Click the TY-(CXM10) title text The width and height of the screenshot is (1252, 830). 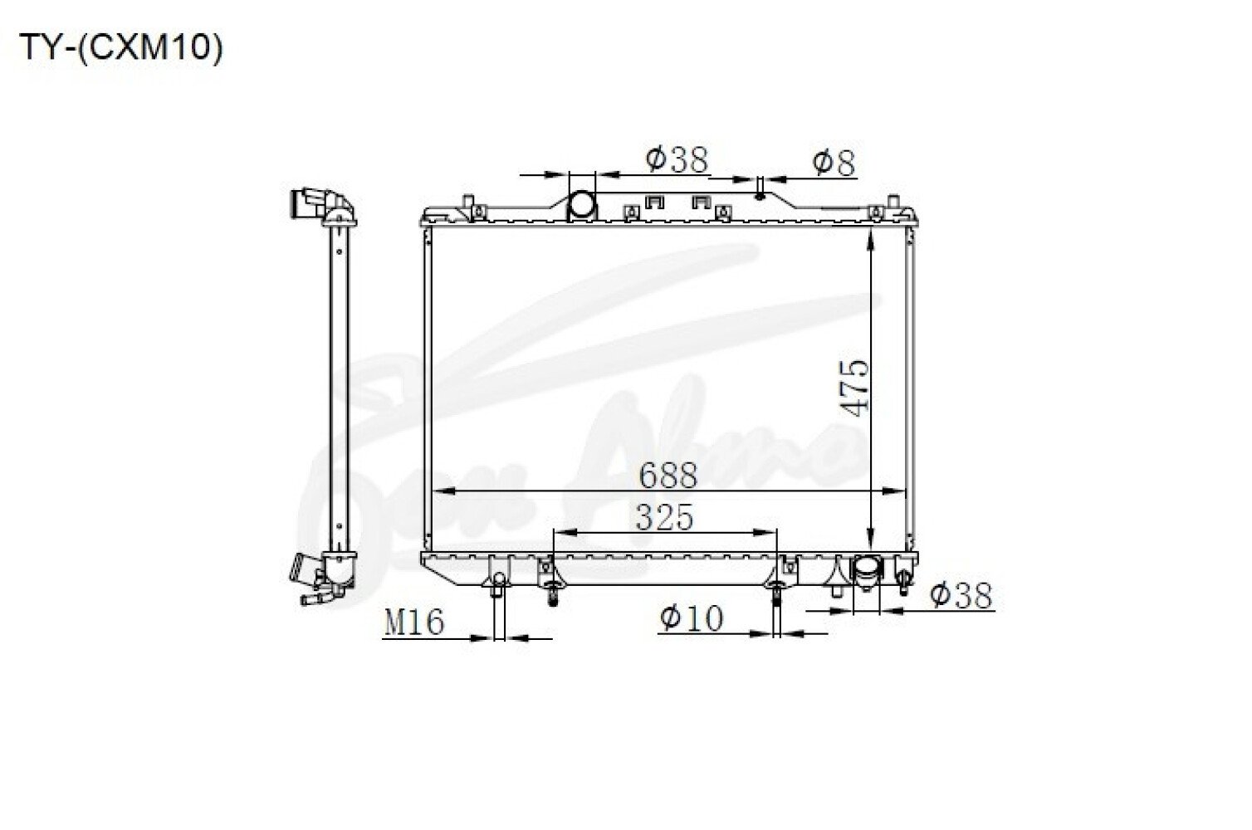tap(121, 48)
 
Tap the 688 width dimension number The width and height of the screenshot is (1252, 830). tap(668, 475)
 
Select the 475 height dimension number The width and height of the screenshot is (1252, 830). tap(856, 388)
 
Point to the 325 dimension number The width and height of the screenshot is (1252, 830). tap(664, 517)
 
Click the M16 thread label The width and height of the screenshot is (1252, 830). tap(414, 622)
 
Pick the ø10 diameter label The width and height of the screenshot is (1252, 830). tap(692, 618)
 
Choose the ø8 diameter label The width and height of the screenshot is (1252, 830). tap(834, 162)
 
